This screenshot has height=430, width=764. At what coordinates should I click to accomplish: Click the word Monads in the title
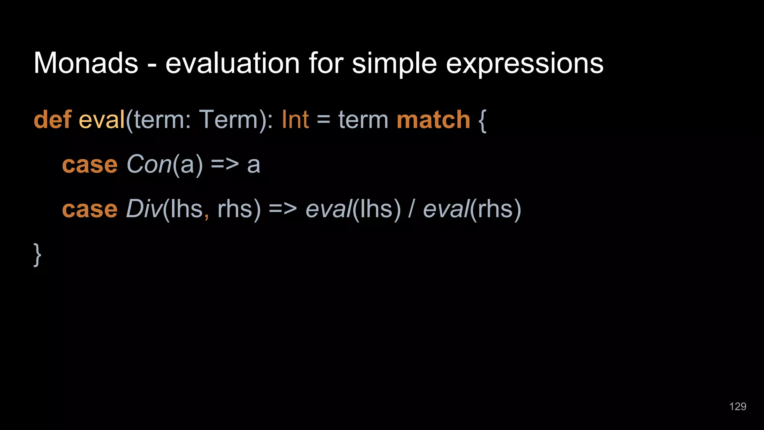[86, 63]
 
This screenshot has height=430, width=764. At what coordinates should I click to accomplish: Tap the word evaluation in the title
[232, 63]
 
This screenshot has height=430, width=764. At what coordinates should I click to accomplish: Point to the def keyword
[52, 120]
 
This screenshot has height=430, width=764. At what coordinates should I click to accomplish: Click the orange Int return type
[295, 120]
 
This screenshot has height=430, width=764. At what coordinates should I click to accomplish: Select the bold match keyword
[433, 120]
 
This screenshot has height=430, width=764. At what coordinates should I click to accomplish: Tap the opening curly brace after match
[482, 121]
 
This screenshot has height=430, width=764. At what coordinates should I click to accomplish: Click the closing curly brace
[37, 255]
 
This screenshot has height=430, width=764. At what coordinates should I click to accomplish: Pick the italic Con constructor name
[149, 164]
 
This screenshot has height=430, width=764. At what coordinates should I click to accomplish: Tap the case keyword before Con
[90, 165]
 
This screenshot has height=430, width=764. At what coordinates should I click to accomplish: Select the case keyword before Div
[90, 209]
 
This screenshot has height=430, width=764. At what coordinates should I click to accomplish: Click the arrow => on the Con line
[225, 165]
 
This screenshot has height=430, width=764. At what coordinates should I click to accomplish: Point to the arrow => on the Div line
[282, 209]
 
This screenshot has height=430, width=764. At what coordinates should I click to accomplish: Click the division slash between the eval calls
[411, 209]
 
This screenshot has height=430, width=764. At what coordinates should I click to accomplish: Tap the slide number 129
[738, 406]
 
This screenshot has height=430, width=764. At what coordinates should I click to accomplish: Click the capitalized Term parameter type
[228, 120]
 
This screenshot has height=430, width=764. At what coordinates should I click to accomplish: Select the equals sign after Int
[323, 121]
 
